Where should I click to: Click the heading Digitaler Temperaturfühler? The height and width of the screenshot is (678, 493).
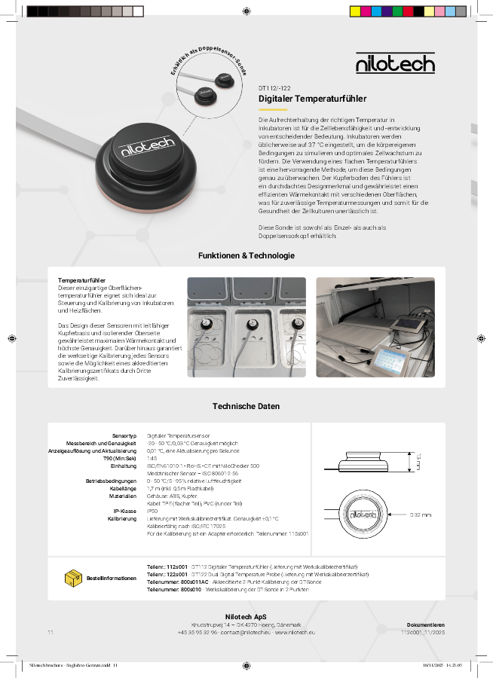click(312, 99)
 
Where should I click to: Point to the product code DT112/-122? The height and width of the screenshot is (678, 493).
click(274, 87)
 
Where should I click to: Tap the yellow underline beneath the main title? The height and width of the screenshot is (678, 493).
click(273, 109)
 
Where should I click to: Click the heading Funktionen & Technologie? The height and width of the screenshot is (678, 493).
click(246, 255)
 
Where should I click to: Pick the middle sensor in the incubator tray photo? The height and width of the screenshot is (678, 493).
click(247, 325)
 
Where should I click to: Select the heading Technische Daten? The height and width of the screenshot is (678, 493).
click(246, 406)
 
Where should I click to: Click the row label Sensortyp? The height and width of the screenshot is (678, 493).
click(124, 436)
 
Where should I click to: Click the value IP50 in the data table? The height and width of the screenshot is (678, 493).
click(152, 511)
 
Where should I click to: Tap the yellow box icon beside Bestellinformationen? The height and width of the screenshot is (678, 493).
click(75, 578)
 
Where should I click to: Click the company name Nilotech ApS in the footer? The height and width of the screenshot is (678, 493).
click(246, 617)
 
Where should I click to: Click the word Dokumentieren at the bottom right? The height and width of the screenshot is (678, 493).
click(426, 625)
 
